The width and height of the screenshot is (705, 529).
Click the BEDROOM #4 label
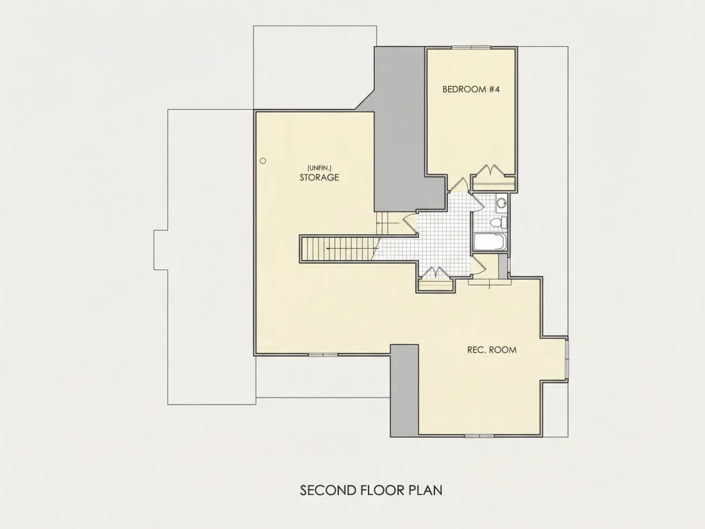[471, 89]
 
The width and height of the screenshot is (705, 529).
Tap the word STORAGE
[319, 177]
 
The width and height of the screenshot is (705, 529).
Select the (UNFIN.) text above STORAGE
[319, 168]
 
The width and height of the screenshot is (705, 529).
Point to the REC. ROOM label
[492, 349]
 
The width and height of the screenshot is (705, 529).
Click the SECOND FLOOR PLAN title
[371, 490]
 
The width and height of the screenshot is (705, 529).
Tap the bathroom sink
[501, 203]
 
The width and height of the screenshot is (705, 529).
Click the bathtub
[490, 242]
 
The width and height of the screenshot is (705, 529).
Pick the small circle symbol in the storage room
[263, 160]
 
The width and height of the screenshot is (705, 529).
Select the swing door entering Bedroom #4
[460, 185]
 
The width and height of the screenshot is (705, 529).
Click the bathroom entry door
[477, 202]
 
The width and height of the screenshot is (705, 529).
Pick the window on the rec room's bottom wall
[479, 435]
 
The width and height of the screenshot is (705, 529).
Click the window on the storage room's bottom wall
[323, 355]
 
